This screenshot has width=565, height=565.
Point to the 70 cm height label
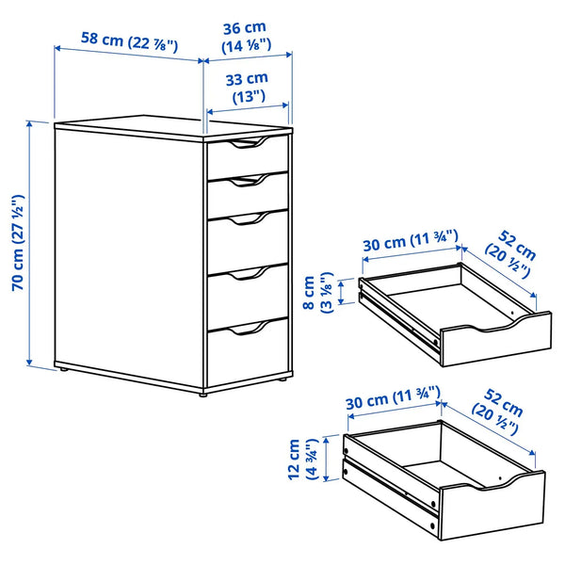pos(17,243)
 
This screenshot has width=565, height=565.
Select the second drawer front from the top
pos(247,194)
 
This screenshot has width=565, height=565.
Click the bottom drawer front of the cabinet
pos(247,356)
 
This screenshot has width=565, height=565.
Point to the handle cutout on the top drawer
pos(248,144)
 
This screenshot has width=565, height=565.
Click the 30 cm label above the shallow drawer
pos(411,242)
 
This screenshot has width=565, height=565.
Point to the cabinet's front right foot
pos(281,380)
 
